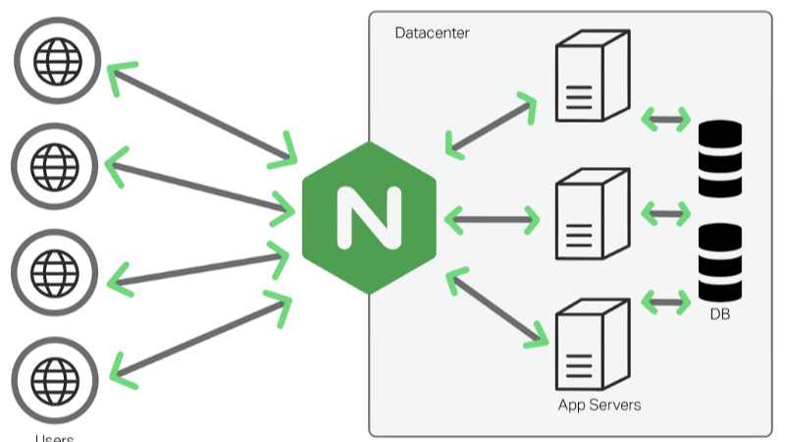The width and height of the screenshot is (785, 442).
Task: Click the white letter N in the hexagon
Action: tap(369, 217)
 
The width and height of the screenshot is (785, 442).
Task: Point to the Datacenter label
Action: tap(432, 33)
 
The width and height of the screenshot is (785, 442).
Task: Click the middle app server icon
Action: tap(591, 214)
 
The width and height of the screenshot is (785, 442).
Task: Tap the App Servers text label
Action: tap(599, 405)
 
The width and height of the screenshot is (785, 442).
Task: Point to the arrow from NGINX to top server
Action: tap(491, 125)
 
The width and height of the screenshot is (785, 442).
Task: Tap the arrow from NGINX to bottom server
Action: tap(497, 308)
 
